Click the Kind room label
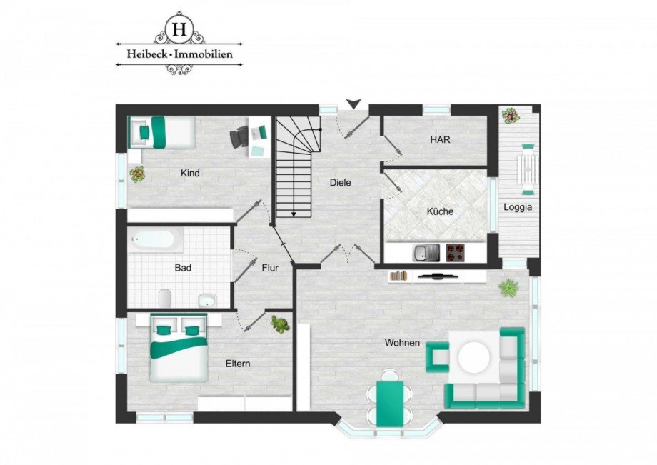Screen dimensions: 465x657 [x=190, y=173]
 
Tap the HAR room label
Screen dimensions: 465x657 [x=440, y=140]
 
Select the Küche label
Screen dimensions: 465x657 [x=440, y=211]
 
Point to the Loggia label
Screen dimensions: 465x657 [x=517, y=207]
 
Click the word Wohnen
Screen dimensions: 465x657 [x=402, y=343]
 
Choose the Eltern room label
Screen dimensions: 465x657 [x=237, y=364]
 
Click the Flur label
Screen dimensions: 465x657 [x=269, y=268]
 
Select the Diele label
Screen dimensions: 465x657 [x=341, y=182]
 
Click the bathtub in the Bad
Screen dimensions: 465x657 [x=156, y=239]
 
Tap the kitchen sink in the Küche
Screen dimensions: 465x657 [x=427, y=252]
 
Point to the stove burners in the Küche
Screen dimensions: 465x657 [x=456, y=252]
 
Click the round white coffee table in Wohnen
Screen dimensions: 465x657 [x=474, y=357]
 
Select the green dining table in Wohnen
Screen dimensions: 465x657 [x=390, y=402]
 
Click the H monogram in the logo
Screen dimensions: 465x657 [x=179, y=29]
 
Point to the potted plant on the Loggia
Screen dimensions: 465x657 [x=511, y=115]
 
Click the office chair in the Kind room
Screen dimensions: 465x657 [x=241, y=135]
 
